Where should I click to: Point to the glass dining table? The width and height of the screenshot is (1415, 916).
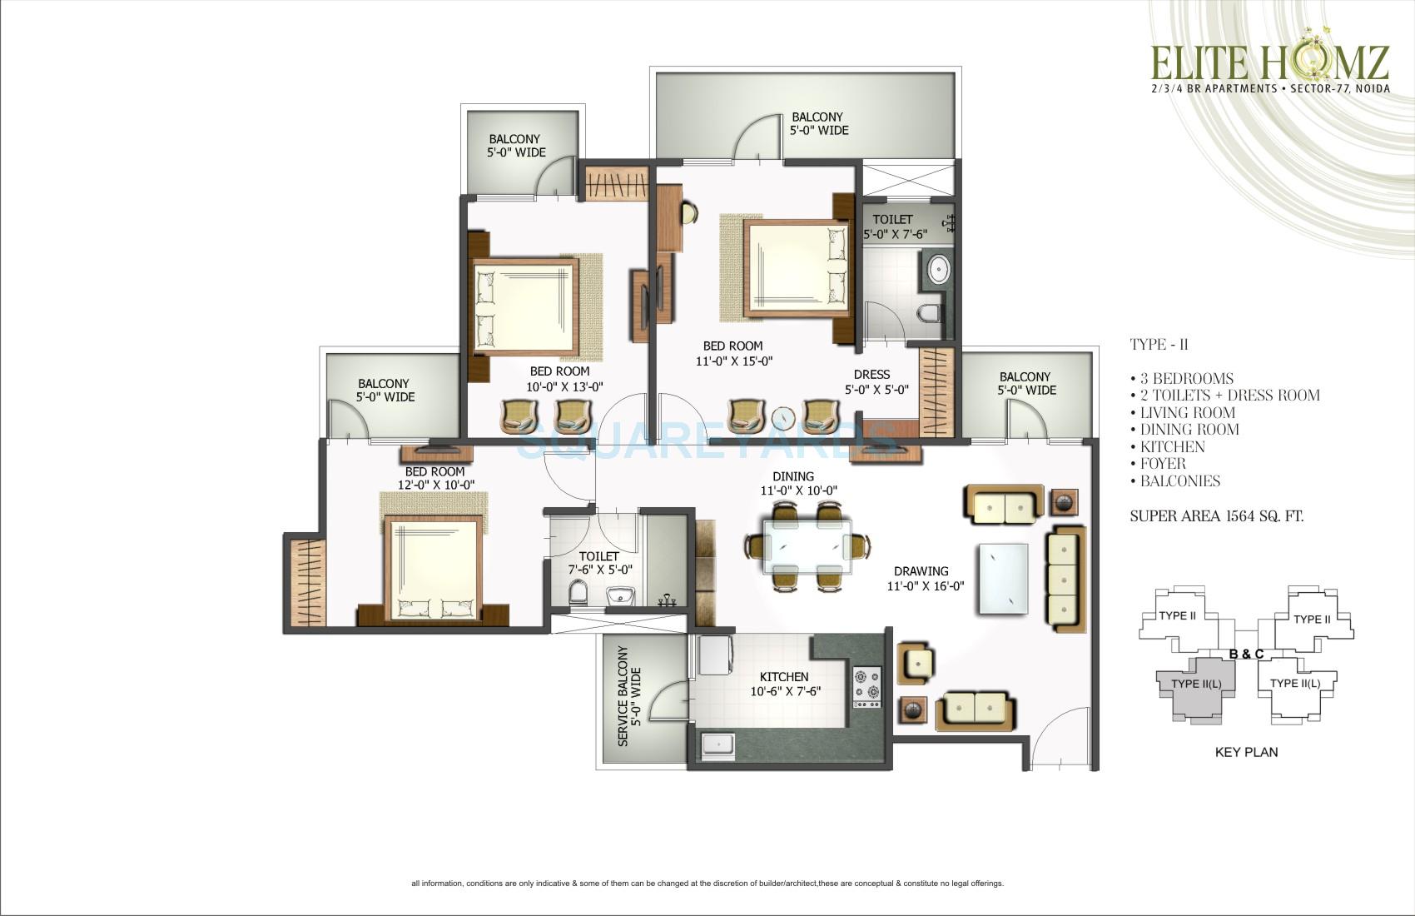coord(807,546)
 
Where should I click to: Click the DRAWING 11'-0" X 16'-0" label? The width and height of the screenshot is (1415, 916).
coord(928,578)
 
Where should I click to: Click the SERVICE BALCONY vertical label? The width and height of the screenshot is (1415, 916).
coord(629,695)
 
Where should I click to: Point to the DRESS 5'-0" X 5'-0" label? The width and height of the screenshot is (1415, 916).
coord(876,381)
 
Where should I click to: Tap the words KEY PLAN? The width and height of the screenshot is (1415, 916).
coord(1246,752)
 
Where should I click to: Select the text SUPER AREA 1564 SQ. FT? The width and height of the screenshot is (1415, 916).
coord(1216,516)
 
